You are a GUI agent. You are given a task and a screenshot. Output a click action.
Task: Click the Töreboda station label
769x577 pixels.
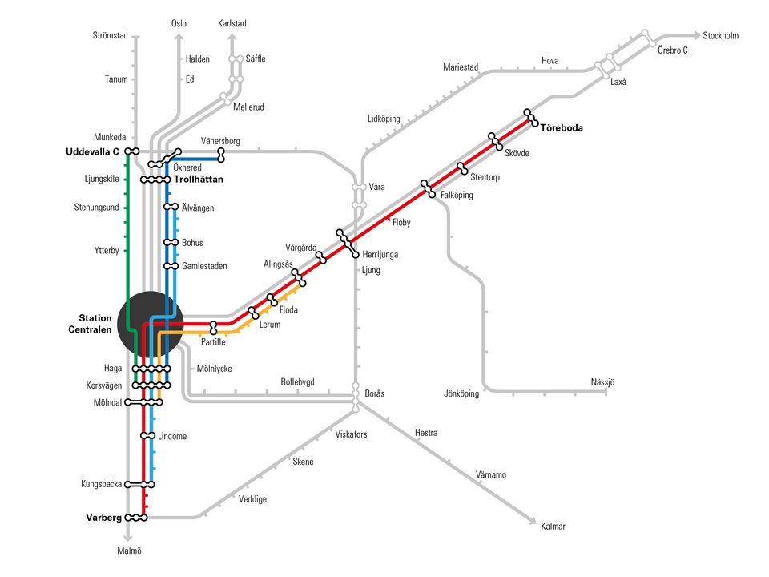click(x=562, y=128)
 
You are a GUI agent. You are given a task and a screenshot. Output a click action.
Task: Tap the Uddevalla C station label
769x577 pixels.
click(x=92, y=151)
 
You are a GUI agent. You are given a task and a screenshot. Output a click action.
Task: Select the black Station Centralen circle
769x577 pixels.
click(x=151, y=325)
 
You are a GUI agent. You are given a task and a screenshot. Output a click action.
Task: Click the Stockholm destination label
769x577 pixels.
click(x=720, y=36)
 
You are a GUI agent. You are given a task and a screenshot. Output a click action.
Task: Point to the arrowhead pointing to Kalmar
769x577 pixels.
click(x=533, y=522)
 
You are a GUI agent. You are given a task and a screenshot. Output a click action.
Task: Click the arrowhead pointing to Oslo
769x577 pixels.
click(x=179, y=38)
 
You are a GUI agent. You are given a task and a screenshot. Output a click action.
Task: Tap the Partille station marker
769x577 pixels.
click(x=213, y=328)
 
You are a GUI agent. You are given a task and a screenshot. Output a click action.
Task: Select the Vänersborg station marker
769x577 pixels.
click(x=221, y=155)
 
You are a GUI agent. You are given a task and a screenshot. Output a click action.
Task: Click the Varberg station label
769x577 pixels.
click(x=103, y=518)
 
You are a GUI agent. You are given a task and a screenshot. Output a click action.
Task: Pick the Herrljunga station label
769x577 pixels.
click(x=380, y=255)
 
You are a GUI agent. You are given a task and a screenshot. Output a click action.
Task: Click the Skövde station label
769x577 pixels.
click(x=517, y=154)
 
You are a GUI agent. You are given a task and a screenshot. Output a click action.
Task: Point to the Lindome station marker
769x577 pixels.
click(x=147, y=436)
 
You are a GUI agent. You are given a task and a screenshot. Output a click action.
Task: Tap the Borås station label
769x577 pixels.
click(x=375, y=393)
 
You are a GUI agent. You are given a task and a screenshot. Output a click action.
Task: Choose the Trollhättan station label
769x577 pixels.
click(x=199, y=180)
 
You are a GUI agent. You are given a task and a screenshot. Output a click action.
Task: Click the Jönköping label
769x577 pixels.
click(x=461, y=393)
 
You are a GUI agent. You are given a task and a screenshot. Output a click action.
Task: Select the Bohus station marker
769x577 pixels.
click(x=171, y=242)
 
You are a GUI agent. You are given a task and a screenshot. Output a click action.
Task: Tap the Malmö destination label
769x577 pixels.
click(x=130, y=551)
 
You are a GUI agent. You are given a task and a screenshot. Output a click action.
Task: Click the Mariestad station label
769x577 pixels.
click(x=461, y=67)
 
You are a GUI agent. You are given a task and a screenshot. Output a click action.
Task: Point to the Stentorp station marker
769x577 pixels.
click(x=462, y=169)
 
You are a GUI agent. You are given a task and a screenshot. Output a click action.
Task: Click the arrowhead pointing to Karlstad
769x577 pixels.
click(x=232, y=38)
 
